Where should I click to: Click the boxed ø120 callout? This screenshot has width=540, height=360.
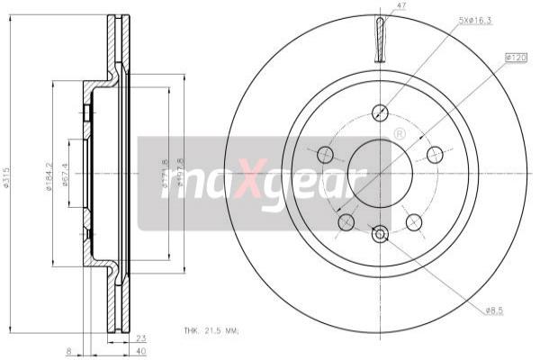click(x=516, y=58)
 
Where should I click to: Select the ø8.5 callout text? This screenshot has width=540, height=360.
click(x=494, y=310)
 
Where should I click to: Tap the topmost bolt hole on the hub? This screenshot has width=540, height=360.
click(x=379, y=113)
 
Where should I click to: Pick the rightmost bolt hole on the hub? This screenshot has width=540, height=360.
click(x=435, y=153)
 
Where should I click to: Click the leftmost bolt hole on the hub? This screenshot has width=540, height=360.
click(x=325, y=154)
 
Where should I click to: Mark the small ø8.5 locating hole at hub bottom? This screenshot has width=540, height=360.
click(x=379, y=234)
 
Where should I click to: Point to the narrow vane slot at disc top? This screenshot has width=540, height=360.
click(x=379, y=40)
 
